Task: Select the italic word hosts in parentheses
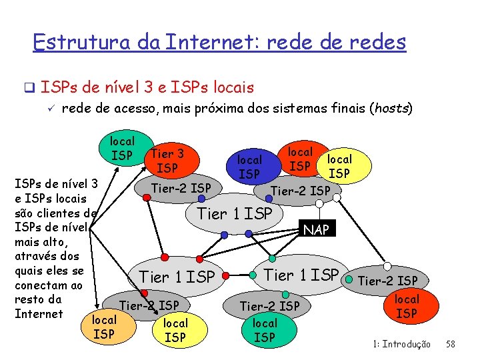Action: pyautogui.click(x=389, y=109)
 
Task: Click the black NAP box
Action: pyautogui.click(x=316, y=230)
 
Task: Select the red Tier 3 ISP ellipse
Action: pyautogui.click(x=167, y=161)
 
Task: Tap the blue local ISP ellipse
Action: pyautogui.click(x=250, y=167)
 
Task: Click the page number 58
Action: pyautogui.click(x=450, y=344)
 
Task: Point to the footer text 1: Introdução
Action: pyautogui.click(x=402, y=344)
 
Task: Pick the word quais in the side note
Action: pyautogui.click(x=31, y=271)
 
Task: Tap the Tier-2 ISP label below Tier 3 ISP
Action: pyautogui.click(x=181, y=188)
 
